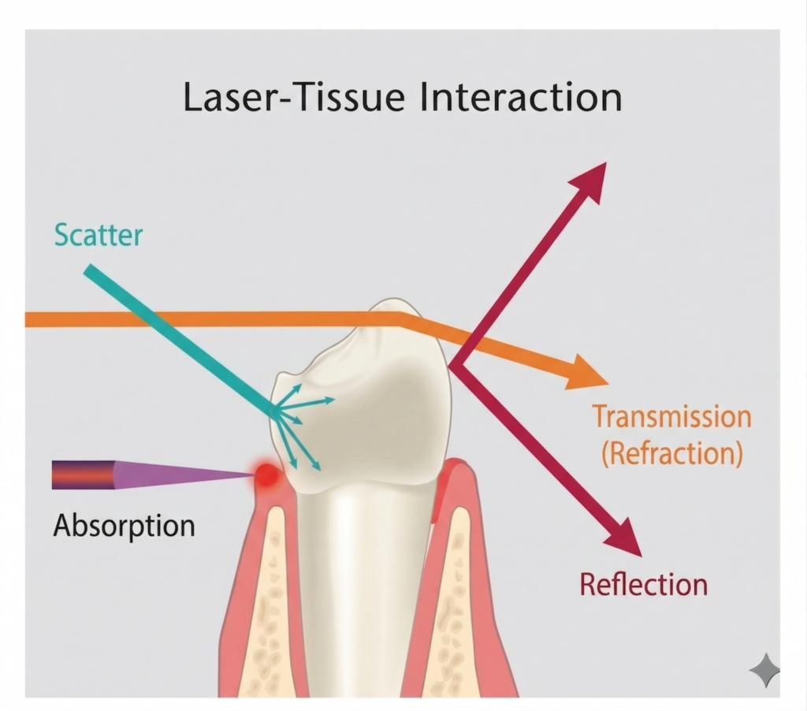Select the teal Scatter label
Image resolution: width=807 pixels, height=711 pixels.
(x=99, y=234)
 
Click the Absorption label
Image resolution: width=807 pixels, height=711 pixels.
(x=124, y=526)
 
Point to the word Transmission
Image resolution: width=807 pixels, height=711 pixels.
(x=671, y=417)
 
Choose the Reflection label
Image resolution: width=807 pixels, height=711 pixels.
(x=643, y=584)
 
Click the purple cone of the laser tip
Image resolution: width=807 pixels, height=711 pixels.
(x=181, y=475)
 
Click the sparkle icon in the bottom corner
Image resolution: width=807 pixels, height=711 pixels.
(x=764, y=671)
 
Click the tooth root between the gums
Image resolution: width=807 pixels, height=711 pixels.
(x=363, y=599)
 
